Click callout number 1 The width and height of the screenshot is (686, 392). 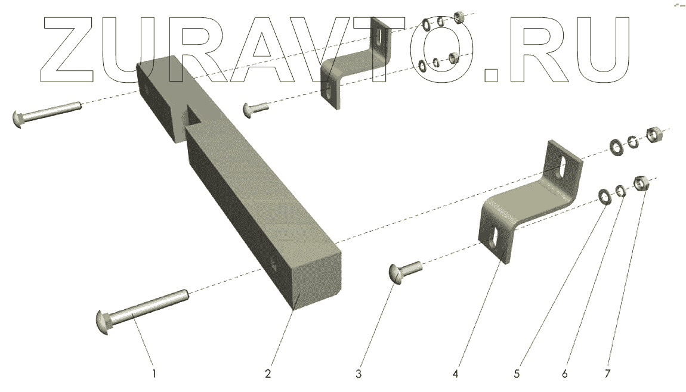[x=154, y=374]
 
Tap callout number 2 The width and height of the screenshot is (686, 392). [x=268, y=374]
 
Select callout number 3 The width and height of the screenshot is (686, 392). [x=359, y=374]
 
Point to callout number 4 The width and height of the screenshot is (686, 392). [x=455, y=374]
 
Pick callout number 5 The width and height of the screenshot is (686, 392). [x=517, y=374]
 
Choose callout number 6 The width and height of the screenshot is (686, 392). [x=565, y=374]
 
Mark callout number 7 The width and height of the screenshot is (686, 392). [x=607, y=374]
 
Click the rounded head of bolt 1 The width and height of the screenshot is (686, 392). [x=102, y=323]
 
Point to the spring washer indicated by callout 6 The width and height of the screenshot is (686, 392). [x=620, y=191]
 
